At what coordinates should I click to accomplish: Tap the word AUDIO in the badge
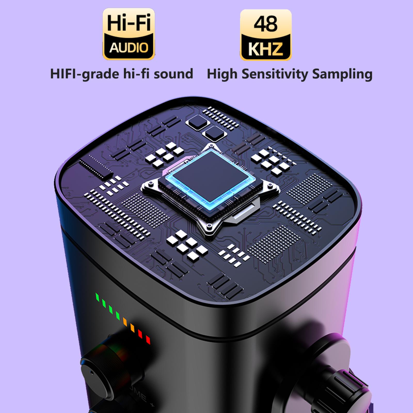click(129, 48)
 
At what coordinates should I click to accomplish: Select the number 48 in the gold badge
click(266, 24)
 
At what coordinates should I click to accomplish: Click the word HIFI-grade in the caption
click(85, 74)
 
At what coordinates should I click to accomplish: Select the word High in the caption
click(222, 74)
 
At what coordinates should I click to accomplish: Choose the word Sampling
click(342, 74)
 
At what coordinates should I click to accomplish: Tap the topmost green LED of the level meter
click(98, 297)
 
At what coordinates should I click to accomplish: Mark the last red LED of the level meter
click(148, 340)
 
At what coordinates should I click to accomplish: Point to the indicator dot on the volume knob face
click(91, 372)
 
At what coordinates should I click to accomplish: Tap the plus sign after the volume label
click(152, 406)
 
